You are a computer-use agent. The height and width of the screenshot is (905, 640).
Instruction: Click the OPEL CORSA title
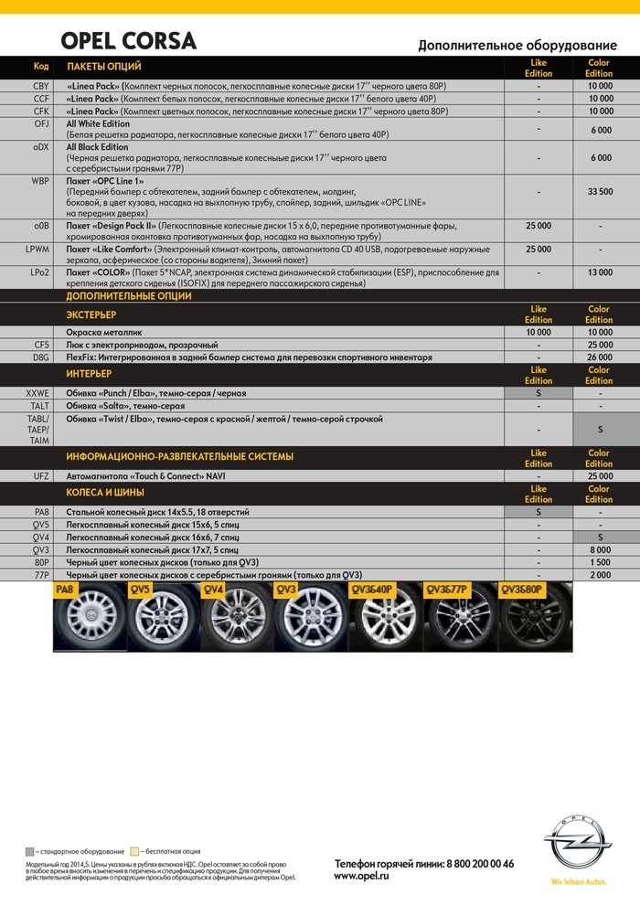[x=128, y=41]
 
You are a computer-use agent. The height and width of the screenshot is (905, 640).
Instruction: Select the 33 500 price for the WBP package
[x=600, y=192]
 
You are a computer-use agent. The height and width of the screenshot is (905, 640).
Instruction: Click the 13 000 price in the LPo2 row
[x=600, y=272]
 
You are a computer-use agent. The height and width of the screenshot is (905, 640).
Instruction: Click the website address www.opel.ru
[x=362, y=876]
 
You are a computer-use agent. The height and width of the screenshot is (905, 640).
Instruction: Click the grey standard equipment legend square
[x=31, y=851]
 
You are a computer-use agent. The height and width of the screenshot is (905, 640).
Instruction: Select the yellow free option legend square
[x=134, y=851]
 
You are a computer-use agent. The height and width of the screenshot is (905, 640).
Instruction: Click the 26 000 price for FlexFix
[x=600, y=357]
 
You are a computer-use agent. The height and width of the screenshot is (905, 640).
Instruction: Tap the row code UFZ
[x=41, y=476]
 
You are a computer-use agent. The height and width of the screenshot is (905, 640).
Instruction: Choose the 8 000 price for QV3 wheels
[x=600, y=550]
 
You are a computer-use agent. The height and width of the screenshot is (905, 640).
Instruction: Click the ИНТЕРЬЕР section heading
[x=89, y=374]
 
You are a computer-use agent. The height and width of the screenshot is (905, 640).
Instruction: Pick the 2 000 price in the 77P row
[x=600, y=575]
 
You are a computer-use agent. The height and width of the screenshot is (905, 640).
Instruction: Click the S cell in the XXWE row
[x=539, y=393]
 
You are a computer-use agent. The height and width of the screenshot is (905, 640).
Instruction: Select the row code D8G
[x=41, y=357]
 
